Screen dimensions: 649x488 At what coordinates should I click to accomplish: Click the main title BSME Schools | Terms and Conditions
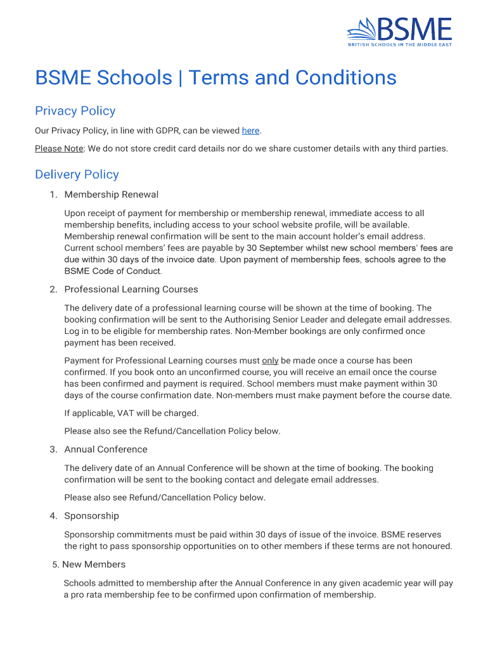tap(215, 78)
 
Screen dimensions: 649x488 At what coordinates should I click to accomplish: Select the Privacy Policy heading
tap(75, 112)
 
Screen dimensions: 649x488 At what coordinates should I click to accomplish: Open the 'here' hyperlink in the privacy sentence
tap(250, 131)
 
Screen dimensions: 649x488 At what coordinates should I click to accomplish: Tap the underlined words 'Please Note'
tap(59, 149)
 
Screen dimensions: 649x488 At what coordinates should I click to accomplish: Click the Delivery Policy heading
tap(77, 175)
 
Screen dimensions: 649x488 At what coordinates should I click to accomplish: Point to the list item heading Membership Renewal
tap(111, 195)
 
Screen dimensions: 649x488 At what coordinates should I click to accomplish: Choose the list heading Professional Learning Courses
tap(131, 290)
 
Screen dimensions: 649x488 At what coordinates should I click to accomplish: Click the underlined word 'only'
tap(270, 361)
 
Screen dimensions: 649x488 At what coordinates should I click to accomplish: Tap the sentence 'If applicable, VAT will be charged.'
tap(131, 413)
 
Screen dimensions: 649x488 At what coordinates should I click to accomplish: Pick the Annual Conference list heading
tap(106, 449)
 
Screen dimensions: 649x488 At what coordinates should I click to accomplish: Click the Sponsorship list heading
tap(91, 516)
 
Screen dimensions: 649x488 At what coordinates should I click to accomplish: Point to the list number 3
tap(53, 450)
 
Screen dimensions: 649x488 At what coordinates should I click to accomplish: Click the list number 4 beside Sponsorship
tap(53, 517)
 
